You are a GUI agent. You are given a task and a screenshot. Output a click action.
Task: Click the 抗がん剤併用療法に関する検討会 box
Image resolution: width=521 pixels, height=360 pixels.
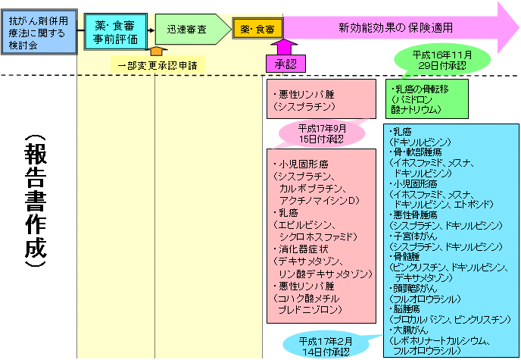pyautogui.click(x=38, y=30)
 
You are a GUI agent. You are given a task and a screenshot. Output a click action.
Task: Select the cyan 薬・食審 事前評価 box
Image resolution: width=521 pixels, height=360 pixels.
pyautogui.click(x=112, y=30)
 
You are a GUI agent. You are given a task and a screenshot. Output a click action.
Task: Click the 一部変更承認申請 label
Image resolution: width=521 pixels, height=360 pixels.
pyautogui.click(x=158, y=65)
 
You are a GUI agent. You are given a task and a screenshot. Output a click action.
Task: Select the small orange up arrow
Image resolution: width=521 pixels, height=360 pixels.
pyautogui.click(x=157, y=52)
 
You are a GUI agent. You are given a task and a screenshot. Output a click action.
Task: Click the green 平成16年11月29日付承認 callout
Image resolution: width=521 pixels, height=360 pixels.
pyautogui.click(x=439, y=61)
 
